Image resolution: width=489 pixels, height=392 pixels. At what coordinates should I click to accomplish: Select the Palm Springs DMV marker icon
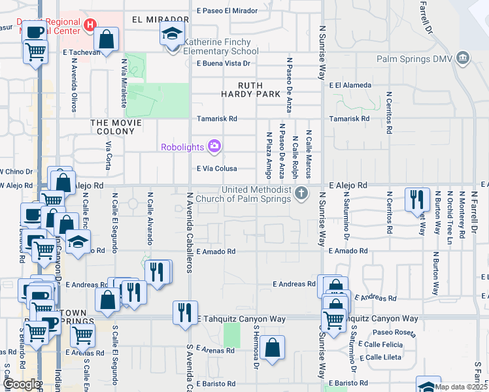point(463,58)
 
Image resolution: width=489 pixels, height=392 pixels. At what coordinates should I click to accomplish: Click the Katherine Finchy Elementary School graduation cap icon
point(172,35)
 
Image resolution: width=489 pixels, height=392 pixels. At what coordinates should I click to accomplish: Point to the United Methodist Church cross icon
point(301,192)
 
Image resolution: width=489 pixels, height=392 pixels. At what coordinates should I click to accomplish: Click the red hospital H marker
point(90,24)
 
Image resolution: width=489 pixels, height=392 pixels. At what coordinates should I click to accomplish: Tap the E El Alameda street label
point(350,85)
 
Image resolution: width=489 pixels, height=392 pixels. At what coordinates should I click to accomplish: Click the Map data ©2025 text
point(461,387)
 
